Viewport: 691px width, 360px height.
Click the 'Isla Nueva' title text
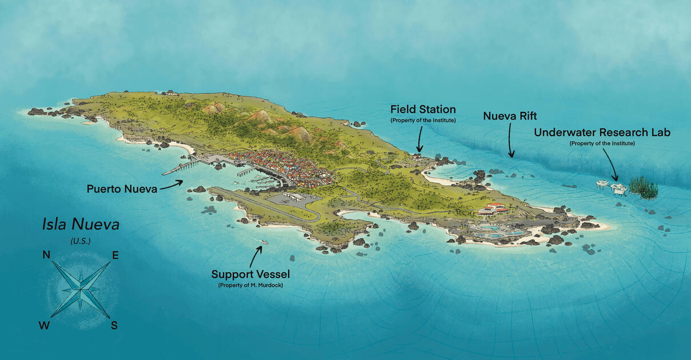[81, 224]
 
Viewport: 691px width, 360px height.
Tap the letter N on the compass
[46, 255]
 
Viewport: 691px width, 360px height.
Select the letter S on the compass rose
[114, 325]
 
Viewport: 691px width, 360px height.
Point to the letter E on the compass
[115, 255]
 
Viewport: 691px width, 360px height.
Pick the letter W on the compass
[44, 326]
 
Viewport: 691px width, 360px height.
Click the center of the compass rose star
[81, 289]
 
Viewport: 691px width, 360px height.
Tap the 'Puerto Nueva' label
[122, 189]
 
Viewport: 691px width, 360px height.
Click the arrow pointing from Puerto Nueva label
[172, 184]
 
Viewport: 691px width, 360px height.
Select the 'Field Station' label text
[423, 109]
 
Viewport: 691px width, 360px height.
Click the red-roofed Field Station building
[418, 155]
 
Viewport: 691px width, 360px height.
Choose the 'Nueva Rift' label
[510, 116]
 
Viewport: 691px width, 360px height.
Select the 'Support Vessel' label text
[250, 274]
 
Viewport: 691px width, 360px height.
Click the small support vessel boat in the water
[263, 244]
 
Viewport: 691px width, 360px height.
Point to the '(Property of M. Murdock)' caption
[250, 285]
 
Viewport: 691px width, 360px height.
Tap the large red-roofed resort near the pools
[492, 208]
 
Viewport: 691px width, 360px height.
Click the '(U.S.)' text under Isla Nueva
[81, 241]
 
